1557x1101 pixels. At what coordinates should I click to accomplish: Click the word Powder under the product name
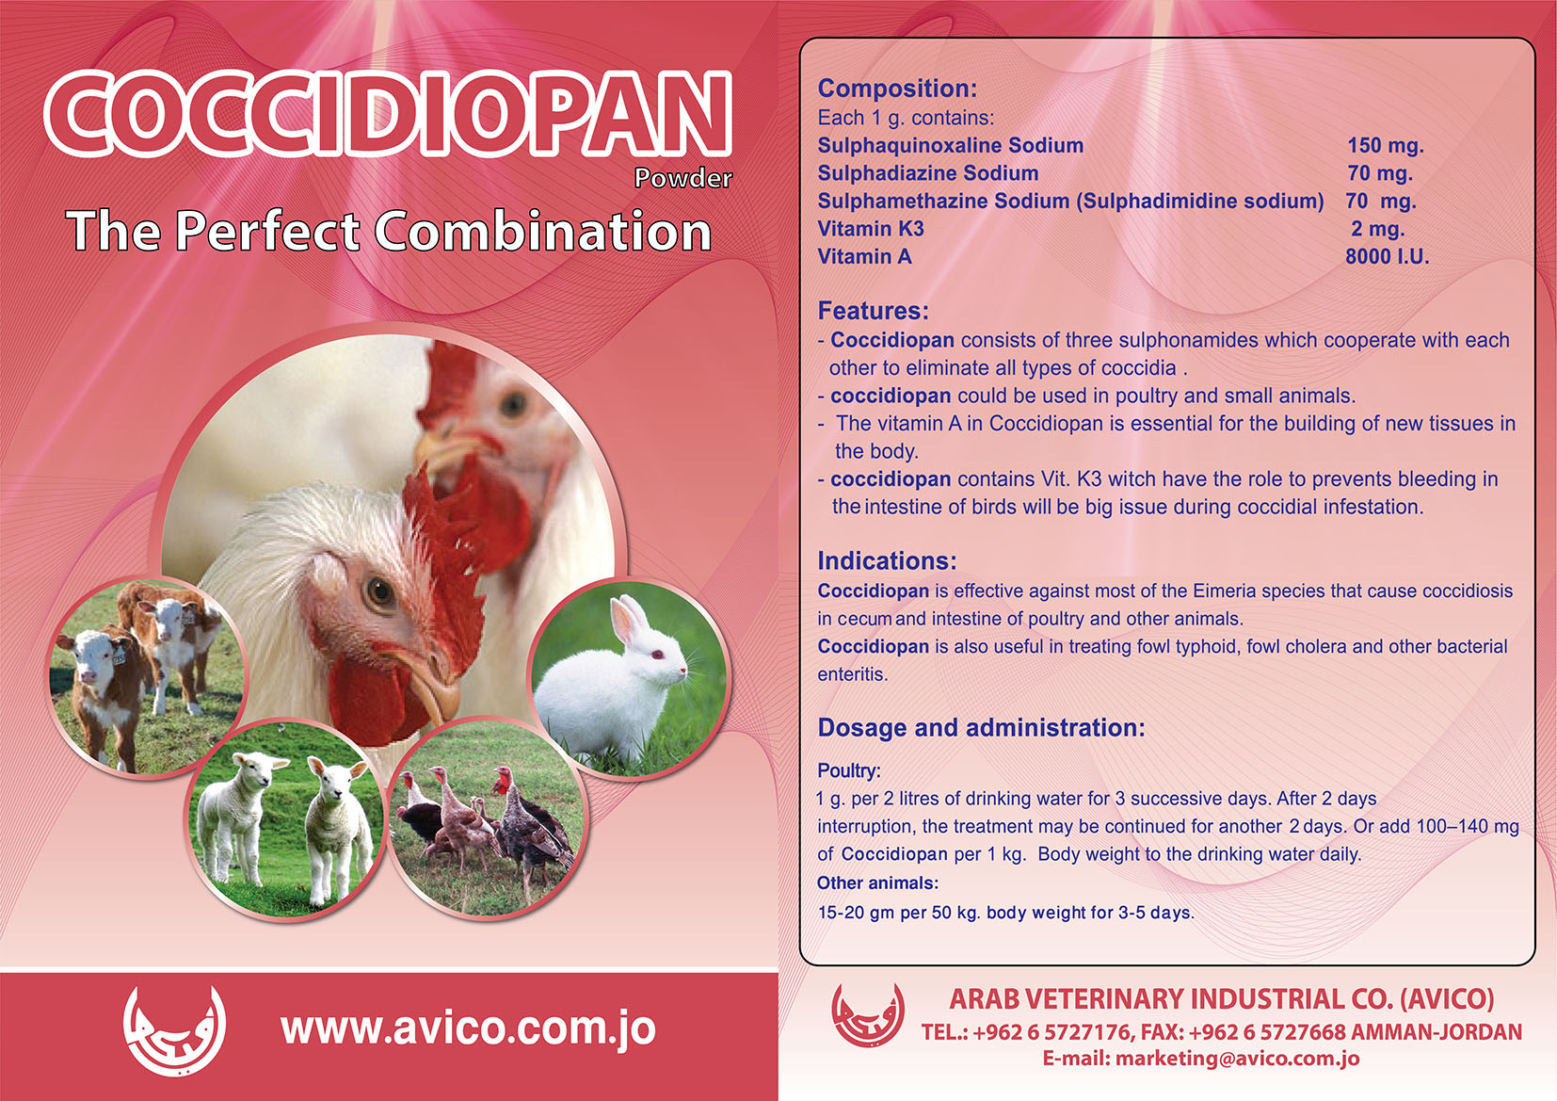682,179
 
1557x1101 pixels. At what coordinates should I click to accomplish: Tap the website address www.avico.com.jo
468,1028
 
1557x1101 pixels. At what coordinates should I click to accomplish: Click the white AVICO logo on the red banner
174,1030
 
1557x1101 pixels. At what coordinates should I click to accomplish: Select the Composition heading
897,89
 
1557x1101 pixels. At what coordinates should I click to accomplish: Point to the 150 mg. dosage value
1386,145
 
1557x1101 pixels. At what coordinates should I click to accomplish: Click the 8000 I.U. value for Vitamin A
1387,256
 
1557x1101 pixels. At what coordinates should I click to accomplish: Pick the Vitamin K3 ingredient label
870,229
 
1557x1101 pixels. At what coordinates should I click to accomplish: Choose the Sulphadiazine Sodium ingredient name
927,173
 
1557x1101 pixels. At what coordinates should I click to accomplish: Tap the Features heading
873,311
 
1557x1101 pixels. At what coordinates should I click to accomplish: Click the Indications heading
887,560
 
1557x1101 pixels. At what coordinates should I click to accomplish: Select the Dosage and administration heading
981,727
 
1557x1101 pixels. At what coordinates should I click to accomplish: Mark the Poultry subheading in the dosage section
849,770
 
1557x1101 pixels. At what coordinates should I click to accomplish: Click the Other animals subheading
877,882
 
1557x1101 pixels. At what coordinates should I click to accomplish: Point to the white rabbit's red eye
657,655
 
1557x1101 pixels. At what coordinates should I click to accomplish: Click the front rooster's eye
380,593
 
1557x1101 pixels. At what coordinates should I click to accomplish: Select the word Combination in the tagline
543,232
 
